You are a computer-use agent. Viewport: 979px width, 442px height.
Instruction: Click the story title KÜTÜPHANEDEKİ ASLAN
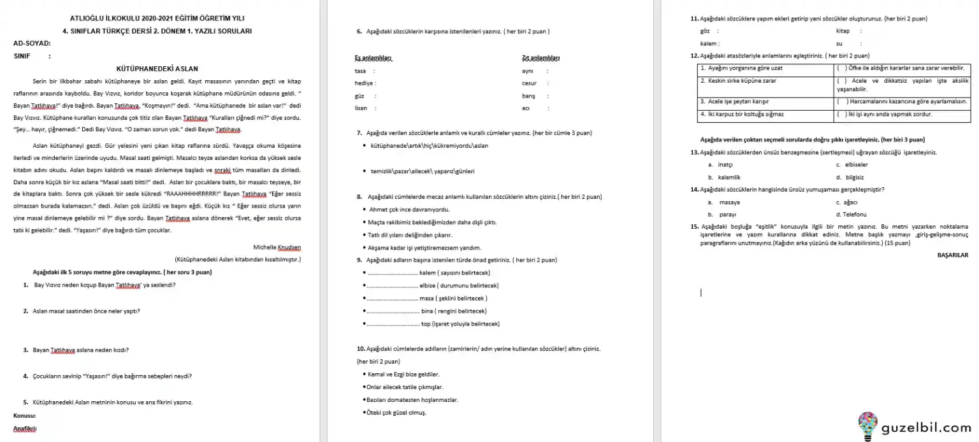(157, 68)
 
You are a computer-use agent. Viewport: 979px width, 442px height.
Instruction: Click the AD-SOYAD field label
(32, 43)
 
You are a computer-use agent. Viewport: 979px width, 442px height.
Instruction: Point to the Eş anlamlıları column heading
(373, 59)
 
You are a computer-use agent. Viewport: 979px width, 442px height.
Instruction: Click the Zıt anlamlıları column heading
(540, 59)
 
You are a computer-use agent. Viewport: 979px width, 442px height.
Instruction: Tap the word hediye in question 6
(365, 83)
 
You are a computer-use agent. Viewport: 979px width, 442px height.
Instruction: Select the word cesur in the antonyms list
(529, 83)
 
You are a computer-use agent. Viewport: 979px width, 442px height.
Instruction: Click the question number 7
(359, 133)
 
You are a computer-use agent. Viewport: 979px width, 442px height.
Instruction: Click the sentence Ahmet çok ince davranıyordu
(409, 210)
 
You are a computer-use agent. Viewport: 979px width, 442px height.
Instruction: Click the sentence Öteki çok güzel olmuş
(396, 412)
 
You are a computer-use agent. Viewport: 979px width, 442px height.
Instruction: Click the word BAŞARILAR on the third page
(953, 255)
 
